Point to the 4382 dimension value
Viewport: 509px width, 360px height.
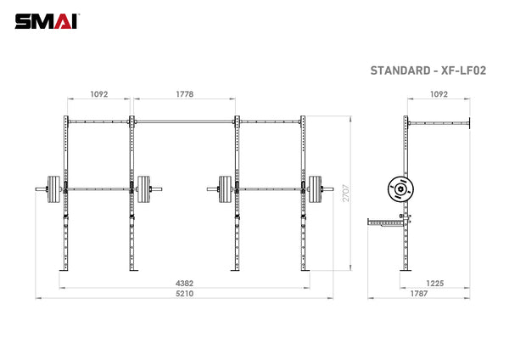click(183, 284)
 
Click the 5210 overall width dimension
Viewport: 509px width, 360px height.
click(183, 295)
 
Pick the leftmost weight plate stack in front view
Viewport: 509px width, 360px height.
click(59, 188)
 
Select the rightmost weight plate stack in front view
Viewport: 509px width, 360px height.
click(316, 188)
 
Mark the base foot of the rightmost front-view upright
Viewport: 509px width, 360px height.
click(303, 272)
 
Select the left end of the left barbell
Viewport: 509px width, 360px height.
click(38, 188)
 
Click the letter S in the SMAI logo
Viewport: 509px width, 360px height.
click(22, 20)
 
